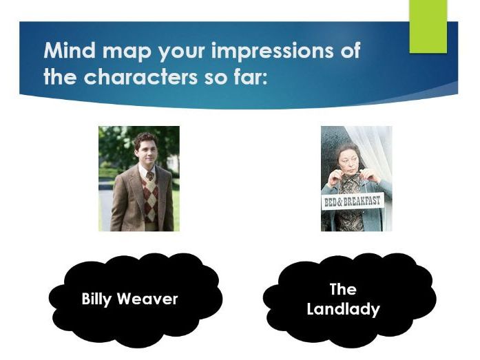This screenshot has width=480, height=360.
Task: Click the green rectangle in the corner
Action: click(x=428, y=26)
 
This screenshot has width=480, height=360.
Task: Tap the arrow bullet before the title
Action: click(x=32, y=52)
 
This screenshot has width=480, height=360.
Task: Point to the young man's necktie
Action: click(x=148, y=174)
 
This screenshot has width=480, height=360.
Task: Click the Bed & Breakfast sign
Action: click(x=352, y=202)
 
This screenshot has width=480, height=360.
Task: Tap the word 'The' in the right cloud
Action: click(x=343, y=289)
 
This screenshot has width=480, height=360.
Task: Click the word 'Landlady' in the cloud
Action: click(x=343, y=309)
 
